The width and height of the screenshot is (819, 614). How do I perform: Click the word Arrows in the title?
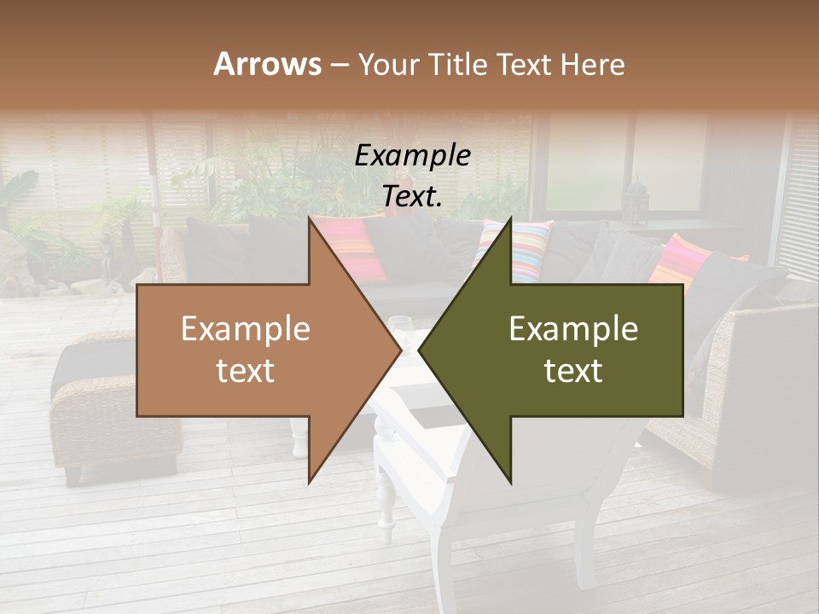click(x=267, y=64)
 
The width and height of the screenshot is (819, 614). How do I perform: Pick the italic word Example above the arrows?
click(x=412, y=155)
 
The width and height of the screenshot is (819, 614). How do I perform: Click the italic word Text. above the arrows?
click(x=412, y=196)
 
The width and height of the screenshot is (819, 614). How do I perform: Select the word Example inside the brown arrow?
click(x=245, y=329)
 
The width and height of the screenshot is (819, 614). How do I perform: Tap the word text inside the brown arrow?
click(x=245, y=371)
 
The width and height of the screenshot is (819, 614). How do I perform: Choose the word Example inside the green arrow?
click(x=573, y=329)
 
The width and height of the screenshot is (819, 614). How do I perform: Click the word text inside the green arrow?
click(x=573, y=371)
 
